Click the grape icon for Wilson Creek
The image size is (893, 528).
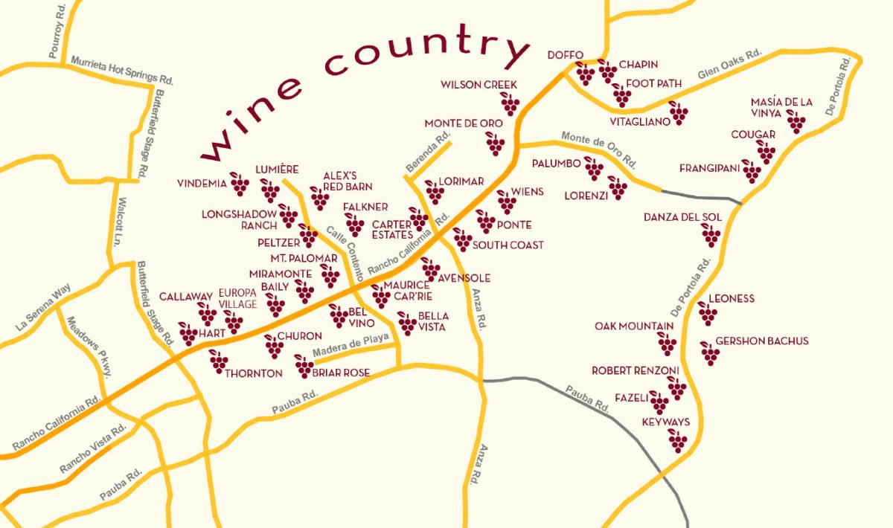coord(510,103)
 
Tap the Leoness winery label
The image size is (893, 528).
coord(731,299)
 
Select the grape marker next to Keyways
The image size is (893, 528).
coord(677,440)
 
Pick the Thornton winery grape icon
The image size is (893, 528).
coord(218,361)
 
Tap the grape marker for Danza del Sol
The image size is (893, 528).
coord(711,235)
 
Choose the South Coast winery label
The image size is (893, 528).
coord(508,245)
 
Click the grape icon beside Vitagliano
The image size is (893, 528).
coord(678,112)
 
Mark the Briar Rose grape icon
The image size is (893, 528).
coord(304,366)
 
